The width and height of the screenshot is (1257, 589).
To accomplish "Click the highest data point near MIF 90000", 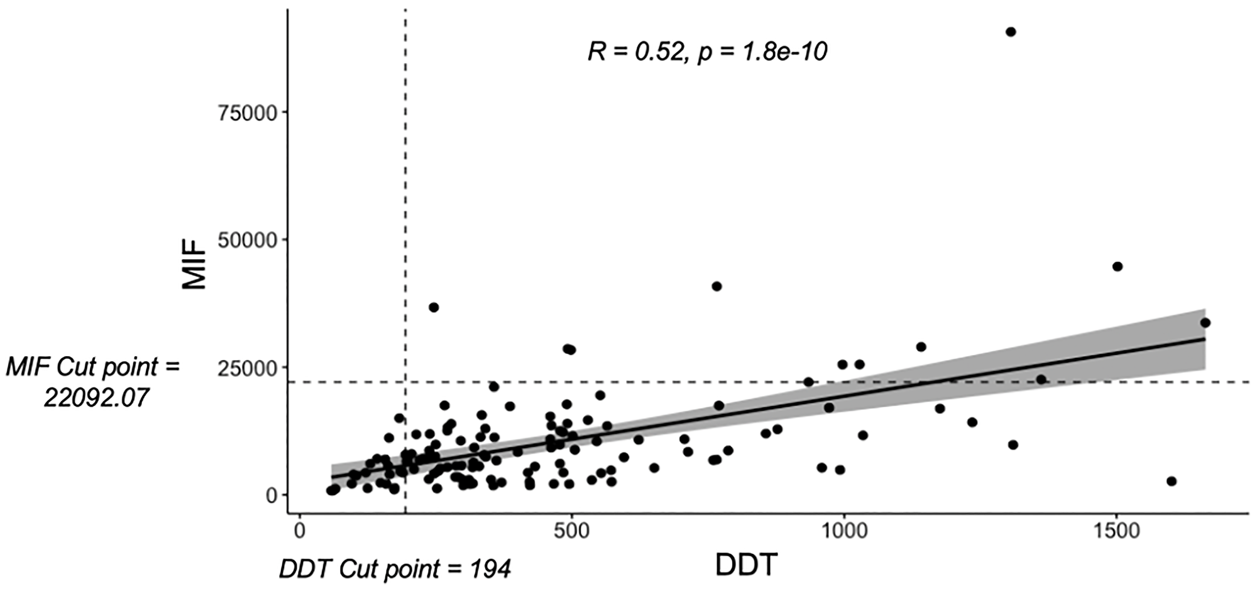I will pos(1011,32).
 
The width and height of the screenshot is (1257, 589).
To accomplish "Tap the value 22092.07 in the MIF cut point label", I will pos(96,398).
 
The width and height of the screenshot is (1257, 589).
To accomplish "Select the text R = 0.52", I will pos(635,52).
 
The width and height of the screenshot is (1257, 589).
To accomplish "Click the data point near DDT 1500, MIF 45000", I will pos(1117,266).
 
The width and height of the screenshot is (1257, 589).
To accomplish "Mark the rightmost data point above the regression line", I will pos(1205,323).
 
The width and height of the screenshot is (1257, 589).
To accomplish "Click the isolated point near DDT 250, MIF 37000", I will pos(434,307).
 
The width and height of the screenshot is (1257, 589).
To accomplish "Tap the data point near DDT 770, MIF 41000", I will pos(716,286).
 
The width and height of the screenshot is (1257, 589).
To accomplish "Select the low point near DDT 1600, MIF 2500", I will pos(1172,481).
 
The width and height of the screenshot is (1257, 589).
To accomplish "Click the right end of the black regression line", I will pos(1204,339).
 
